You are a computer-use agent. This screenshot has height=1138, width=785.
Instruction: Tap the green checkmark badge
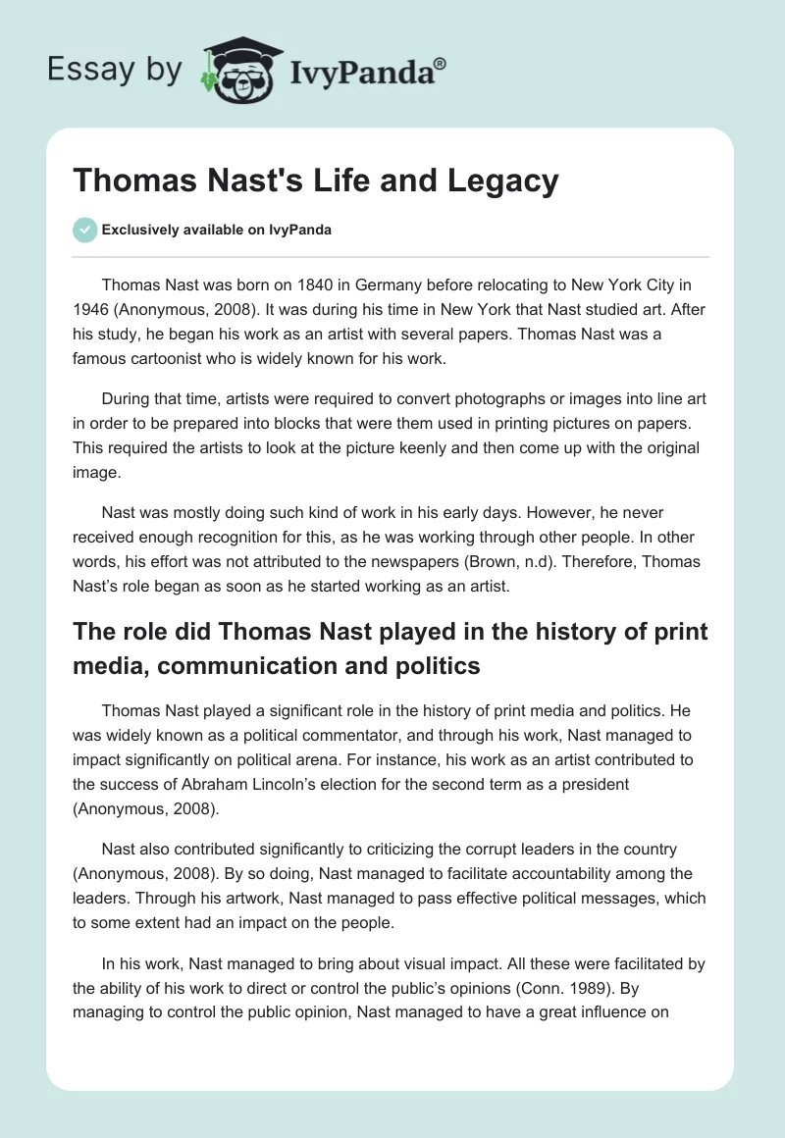84,230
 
